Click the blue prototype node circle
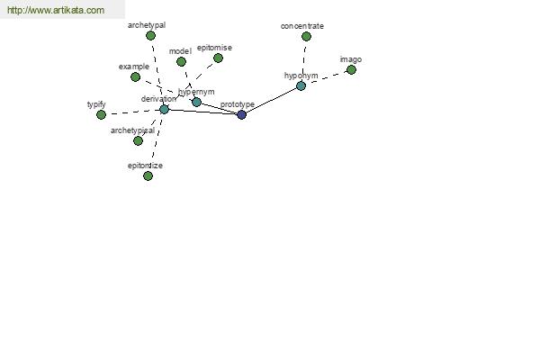242,114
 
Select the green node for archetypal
150,35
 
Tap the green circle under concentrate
306,36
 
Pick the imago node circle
351,70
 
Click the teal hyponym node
301,85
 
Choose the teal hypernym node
196,102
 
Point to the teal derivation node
165,110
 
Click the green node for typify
101,114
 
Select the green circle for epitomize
148,176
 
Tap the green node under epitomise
218,58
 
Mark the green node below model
181,62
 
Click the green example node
135,76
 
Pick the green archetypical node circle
138,141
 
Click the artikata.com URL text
56,10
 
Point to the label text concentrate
302,26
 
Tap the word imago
351,59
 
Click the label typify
96,104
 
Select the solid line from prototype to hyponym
272,100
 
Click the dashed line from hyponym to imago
326,78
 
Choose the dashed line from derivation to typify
132,112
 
